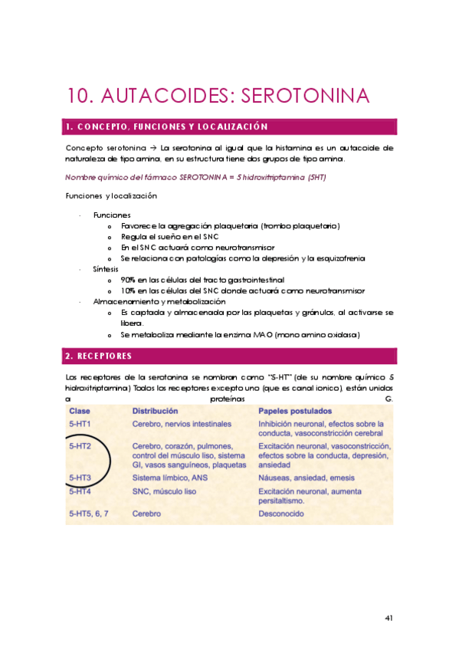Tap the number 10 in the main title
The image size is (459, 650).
coord(81,96)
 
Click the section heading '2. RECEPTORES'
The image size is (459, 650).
coord(99,356)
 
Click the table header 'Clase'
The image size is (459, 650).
coord(80,411)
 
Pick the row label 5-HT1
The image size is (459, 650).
coord(80,423)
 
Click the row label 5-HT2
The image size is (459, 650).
coord(80,445)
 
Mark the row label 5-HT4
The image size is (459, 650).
coord(80,491)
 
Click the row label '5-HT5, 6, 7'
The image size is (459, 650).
coord(89,514)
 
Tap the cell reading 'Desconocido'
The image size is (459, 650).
coord(284,514)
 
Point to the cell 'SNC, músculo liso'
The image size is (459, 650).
coord(166,491)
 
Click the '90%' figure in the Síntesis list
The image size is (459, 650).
coord(128,281)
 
